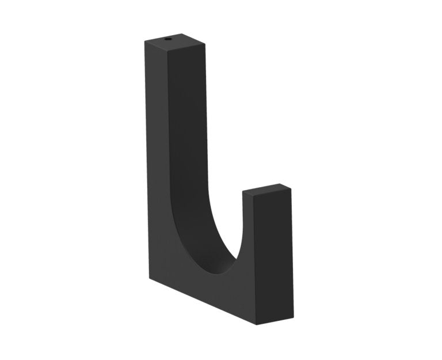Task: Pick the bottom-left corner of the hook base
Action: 150,279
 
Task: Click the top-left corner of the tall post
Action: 144,41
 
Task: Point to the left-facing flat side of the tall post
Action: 156,161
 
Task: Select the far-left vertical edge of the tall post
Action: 145,161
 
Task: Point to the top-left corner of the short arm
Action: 242,193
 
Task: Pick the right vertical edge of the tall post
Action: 205,115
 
